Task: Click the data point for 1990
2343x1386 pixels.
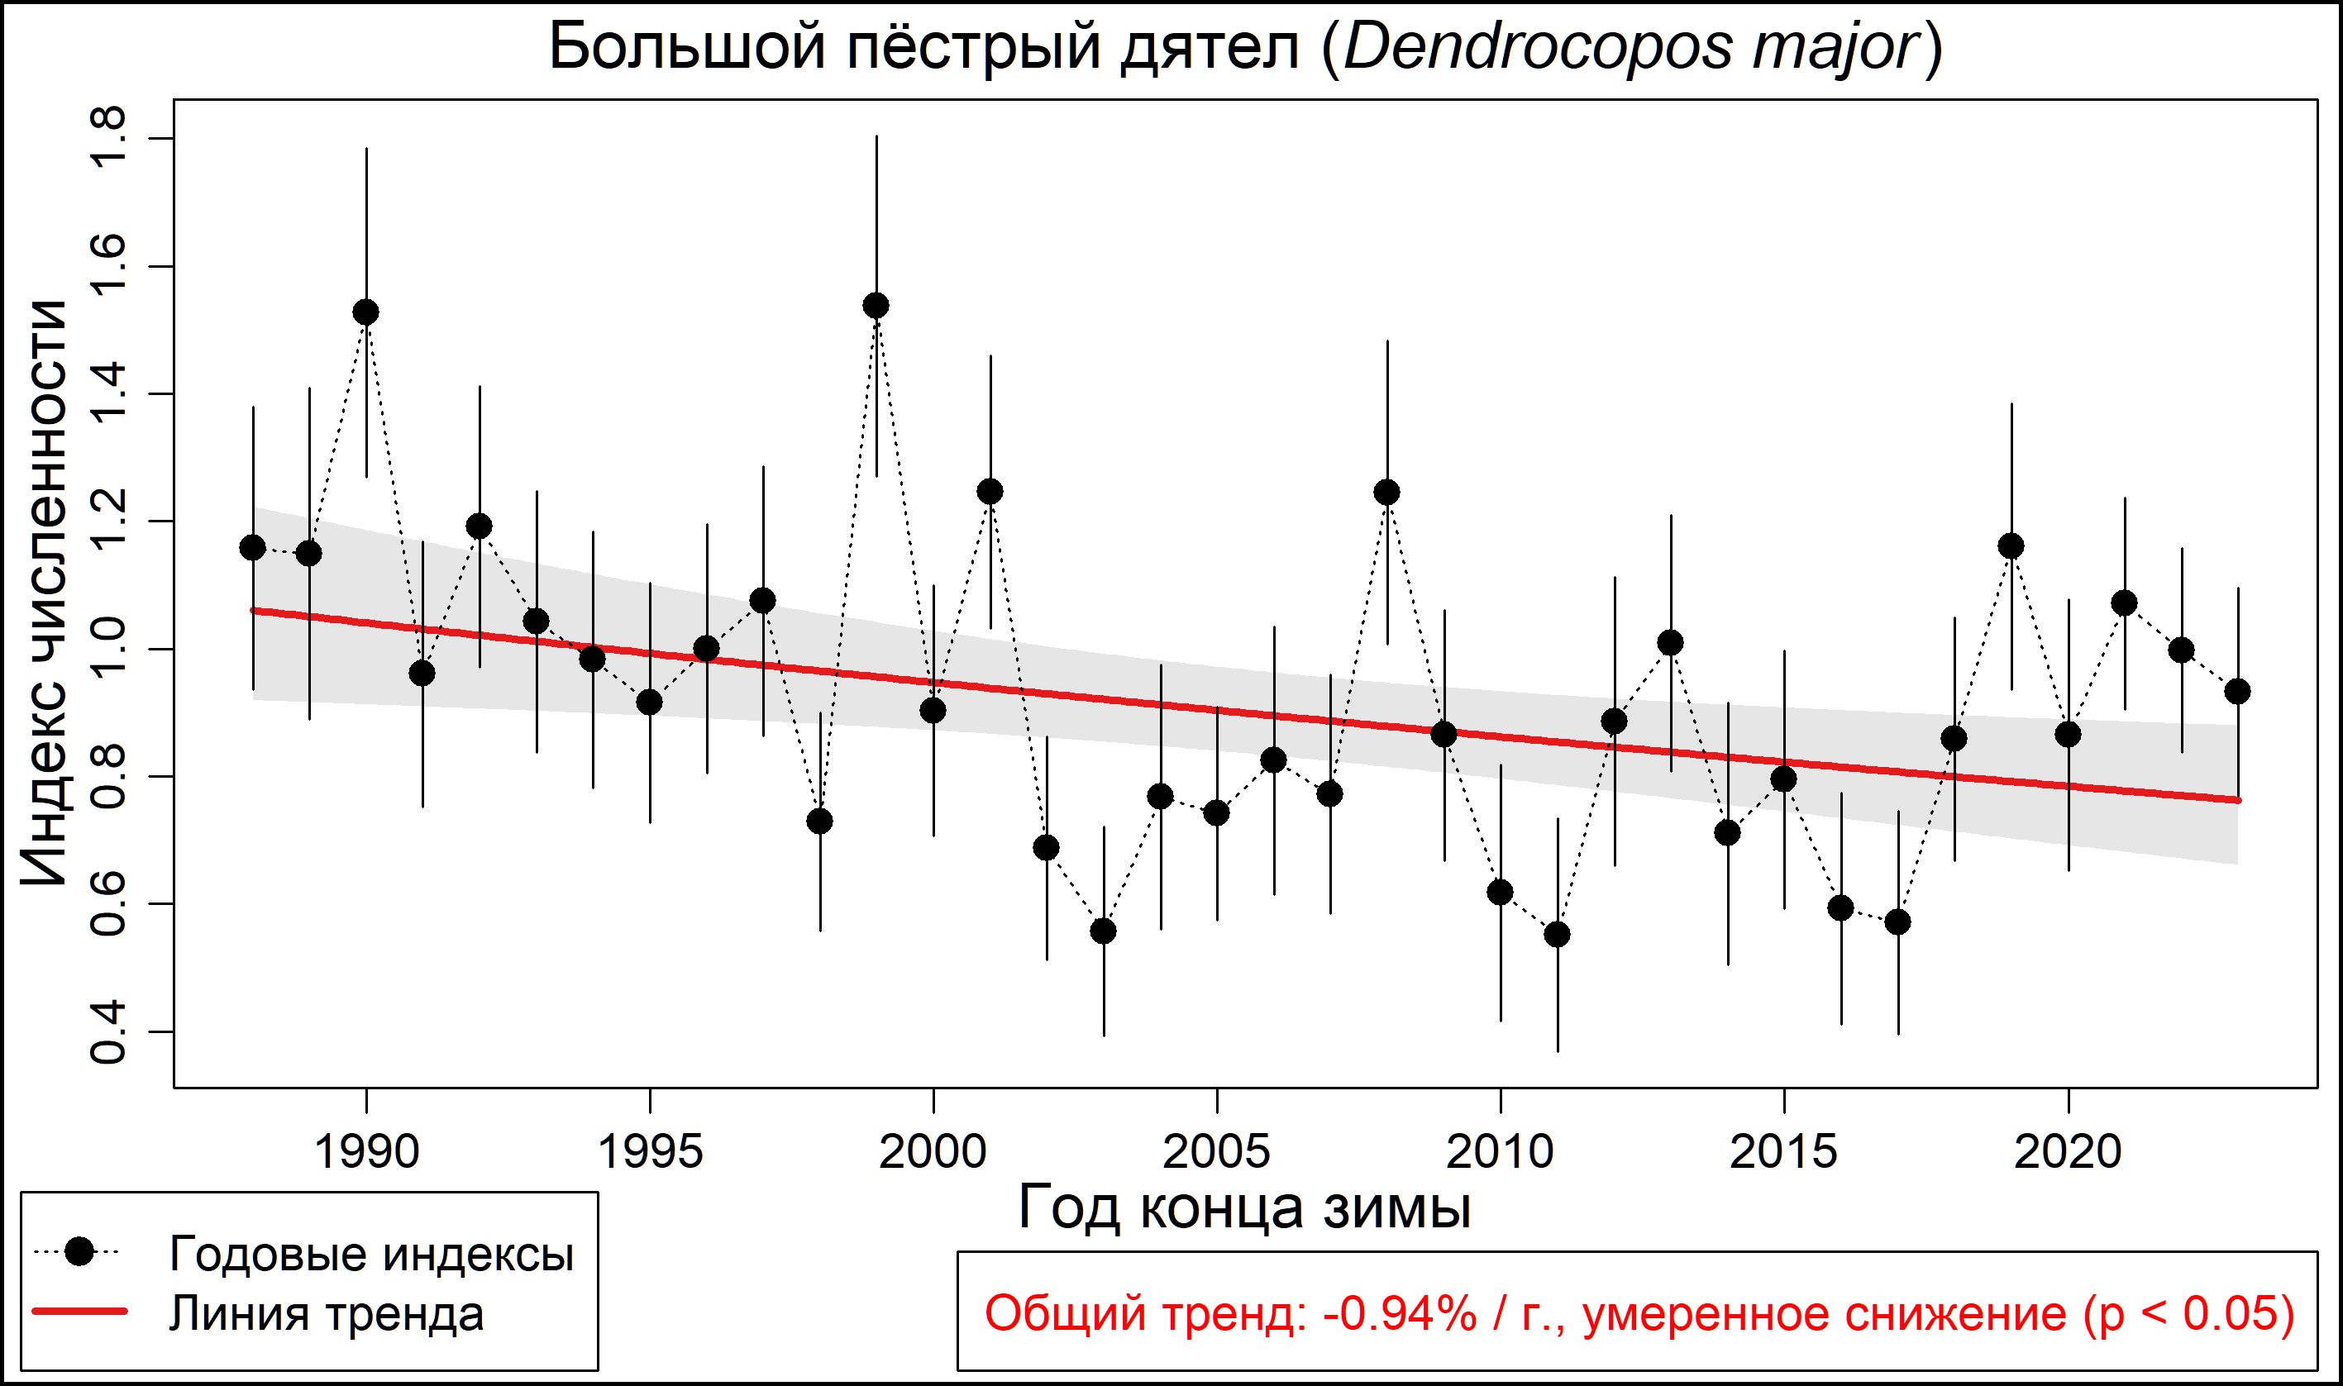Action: tap(366, 312)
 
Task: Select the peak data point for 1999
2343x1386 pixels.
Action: tap(876, 306)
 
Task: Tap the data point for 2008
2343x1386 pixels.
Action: tap(1387, 493)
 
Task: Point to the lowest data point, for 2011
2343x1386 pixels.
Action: tap(1558, 934)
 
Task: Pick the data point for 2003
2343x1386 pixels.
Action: tap(1104, 931)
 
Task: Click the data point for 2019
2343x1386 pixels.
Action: tap(2011, 546)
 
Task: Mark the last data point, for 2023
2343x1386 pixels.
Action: tap(2237, 691)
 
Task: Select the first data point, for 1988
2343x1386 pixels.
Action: tap(252, 547)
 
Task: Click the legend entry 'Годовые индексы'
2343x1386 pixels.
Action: tap(371, 1254)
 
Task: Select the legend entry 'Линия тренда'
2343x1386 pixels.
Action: tap(326, 1314)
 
